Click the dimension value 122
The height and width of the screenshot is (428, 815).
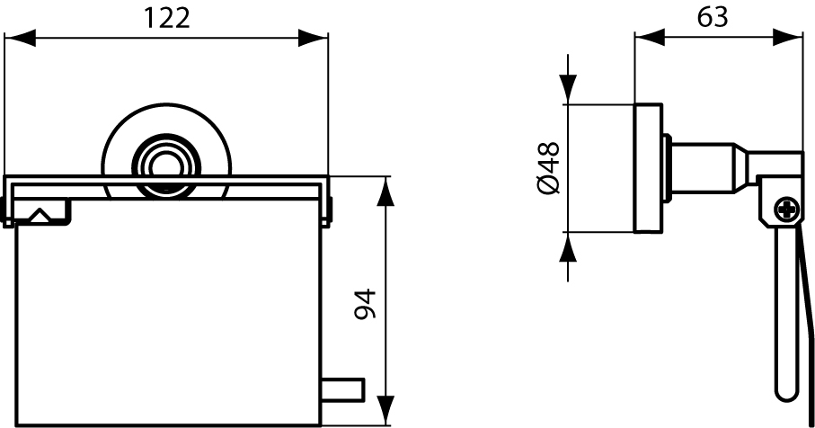tap(166, 19)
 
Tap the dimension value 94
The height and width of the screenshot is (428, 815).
tap(364, 304)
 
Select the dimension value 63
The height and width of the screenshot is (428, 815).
tap(713, 17)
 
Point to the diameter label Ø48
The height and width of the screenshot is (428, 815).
tap(548, 167)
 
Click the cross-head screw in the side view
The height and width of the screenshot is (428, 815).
tap(788, 210)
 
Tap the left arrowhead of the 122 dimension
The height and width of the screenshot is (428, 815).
tap(20, 38)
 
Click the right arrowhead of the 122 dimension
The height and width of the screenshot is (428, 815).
tap(313, 38)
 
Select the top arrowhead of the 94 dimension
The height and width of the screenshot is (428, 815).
tap(385, 192)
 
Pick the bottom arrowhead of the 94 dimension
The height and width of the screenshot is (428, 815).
tap(385, 411)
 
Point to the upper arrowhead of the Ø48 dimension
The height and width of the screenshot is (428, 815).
tap(568, 89)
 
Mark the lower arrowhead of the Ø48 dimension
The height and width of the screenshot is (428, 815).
tap(568, 247)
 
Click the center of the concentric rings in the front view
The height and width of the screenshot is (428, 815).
tap(166, 165)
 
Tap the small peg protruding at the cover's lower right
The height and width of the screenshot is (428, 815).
tap(343, 390)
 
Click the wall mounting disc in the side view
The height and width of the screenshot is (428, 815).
tap(648, 168)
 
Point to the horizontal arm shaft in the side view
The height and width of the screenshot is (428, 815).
tap(704, 168)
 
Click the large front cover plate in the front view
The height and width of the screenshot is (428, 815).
tap(169, 324)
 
